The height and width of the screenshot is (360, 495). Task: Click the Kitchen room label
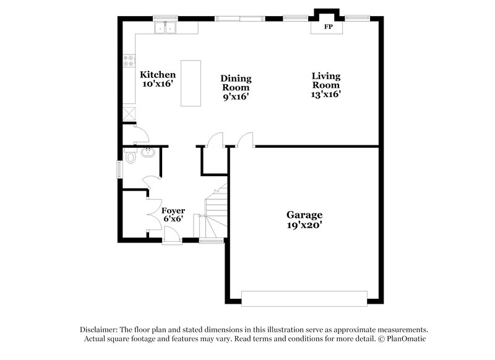click(x=153, y=74)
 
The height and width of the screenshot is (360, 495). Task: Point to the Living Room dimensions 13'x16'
click(x=326, y=95)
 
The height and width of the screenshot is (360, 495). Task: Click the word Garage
click(x=304, y=215)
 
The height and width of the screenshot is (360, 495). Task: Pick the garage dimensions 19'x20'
click(x=304, y=225)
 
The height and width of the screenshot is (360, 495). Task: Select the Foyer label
click(x=173, y=210)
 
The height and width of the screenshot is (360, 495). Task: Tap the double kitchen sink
click(x=166, y=28)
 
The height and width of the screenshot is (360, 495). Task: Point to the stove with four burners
click(x=129, y=61)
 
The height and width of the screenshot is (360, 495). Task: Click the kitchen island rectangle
click(x=191, y=83)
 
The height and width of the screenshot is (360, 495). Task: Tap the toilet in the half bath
click(x=129, y=158)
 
